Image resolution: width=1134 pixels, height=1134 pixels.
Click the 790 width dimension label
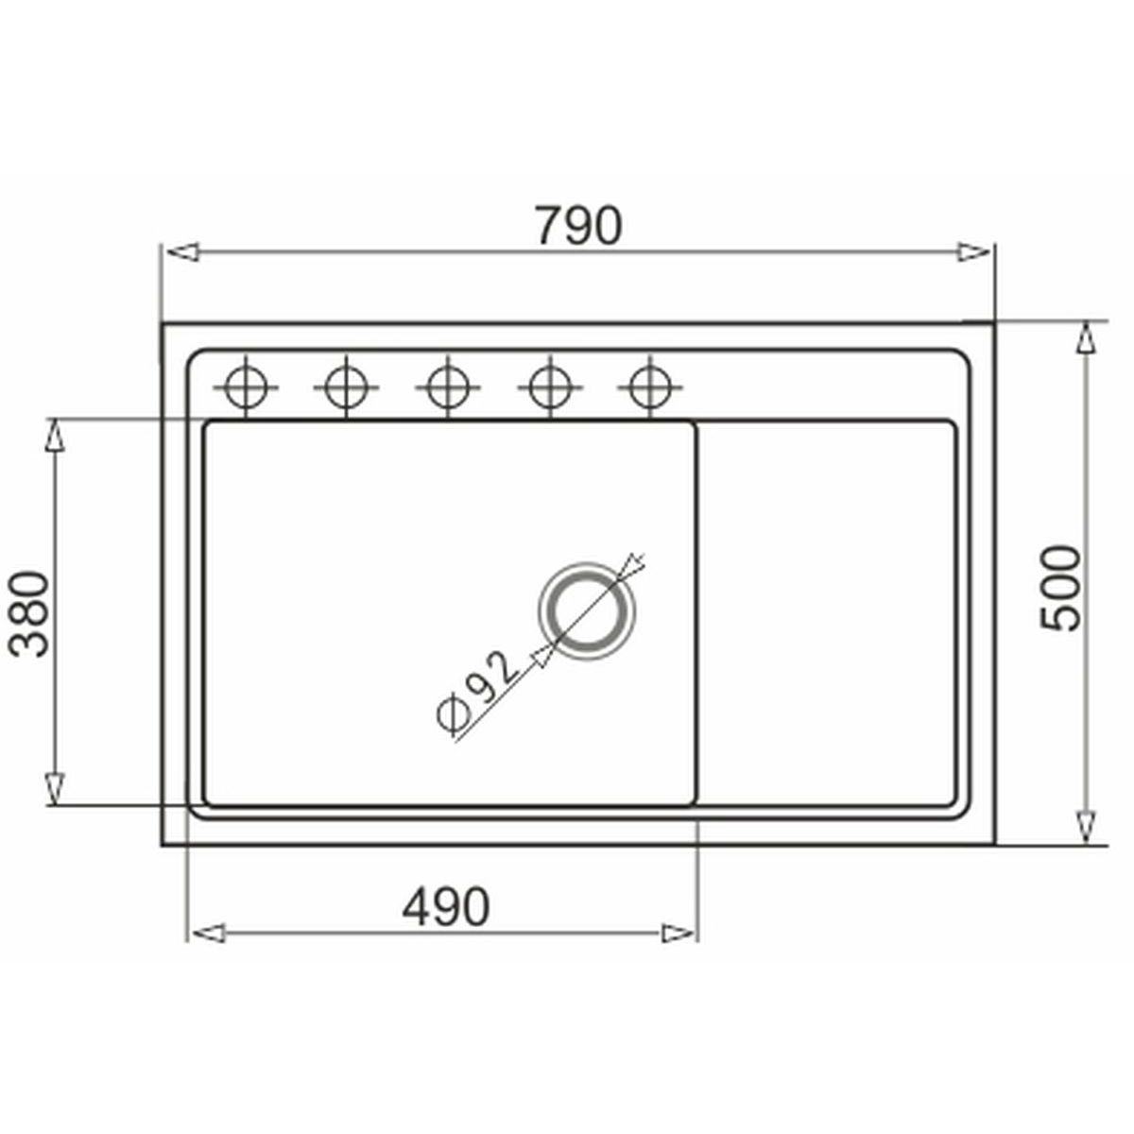(x=578, y=226)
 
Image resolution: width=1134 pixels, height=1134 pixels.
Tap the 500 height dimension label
(x=1061, y=588)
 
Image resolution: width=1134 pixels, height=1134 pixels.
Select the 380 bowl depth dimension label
(x=28, y=614)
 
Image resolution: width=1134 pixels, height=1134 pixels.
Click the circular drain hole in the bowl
(x=587, y=610)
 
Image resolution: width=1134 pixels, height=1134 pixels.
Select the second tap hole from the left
(x=346, y=387)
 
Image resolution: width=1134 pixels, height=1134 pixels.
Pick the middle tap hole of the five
(x=448, y=387)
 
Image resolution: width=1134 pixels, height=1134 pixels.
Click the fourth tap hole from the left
(x=550, y=387)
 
